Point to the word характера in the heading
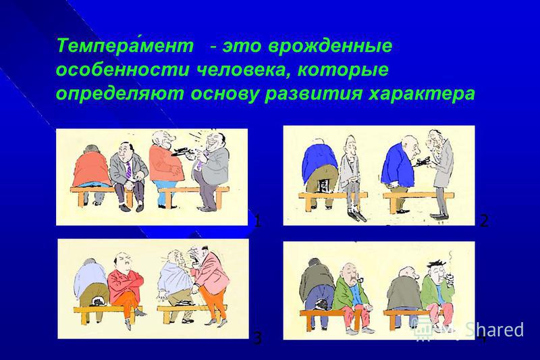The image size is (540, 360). coord(421,94)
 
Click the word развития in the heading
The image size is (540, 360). coord(313,94)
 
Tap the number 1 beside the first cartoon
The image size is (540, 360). coord(257,220)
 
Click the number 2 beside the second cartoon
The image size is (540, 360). coord(484,220)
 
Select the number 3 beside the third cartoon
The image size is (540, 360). coord(257,338)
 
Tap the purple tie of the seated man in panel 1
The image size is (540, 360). coord(128,170)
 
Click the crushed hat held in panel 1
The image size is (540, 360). coord(181,152)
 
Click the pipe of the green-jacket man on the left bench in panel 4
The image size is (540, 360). coord(359,279)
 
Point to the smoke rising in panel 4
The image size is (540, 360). coord(450,262)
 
